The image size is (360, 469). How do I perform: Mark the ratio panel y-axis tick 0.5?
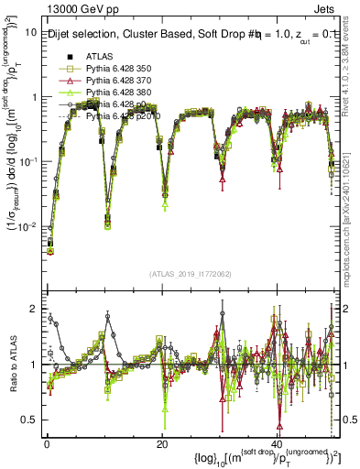coord(29,420)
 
